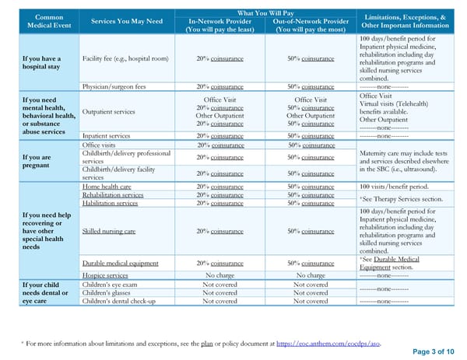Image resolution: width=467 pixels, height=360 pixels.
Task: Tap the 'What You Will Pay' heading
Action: tap(265, 12)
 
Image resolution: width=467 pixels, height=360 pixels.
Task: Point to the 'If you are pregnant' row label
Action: tap(36, 161)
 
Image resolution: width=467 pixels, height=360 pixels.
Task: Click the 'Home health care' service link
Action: tap(113, 187)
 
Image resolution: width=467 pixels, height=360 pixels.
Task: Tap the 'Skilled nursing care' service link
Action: tap(109, 231)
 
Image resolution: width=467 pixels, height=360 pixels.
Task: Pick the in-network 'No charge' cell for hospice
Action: tap(220, 275)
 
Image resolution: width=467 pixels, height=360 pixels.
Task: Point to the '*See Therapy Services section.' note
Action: tap(402, 199)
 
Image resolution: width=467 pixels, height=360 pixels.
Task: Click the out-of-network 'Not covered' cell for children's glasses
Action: tap(311, 292)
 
